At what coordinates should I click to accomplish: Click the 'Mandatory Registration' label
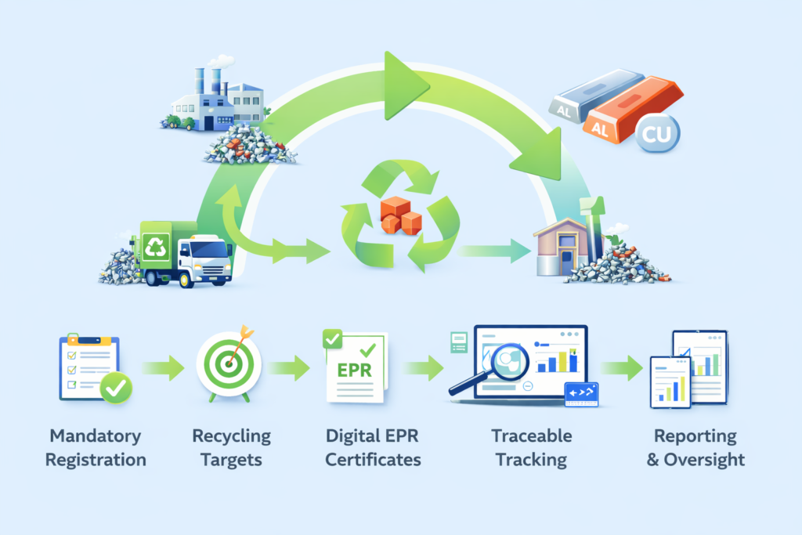[x=96, y=447]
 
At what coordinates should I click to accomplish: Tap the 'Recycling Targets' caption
[x=232, y=447]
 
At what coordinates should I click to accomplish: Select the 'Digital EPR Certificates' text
[x=372, y=447]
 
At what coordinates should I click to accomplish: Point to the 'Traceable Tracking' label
[x=531, y=447]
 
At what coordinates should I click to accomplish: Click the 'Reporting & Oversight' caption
[x=695, y=447]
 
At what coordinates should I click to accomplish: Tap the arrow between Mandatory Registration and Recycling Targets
[x=163, y=365]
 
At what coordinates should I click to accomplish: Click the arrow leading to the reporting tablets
[x=623, y=366]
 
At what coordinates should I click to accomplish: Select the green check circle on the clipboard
[x=116, y=387]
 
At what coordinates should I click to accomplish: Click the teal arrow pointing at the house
[x=495, y=251]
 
